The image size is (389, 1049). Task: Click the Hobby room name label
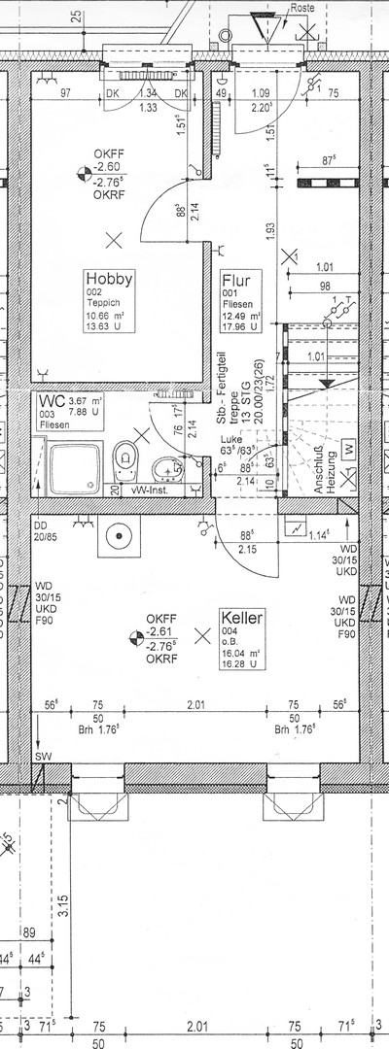[x=108, y=278]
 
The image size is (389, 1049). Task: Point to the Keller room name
[x=242, y=617]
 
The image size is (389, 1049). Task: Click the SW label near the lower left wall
[x=42, y=755]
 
